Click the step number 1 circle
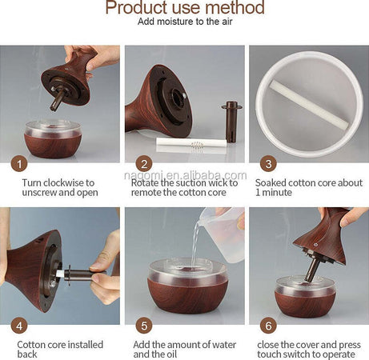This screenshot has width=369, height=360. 19,164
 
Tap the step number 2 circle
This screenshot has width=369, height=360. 144,164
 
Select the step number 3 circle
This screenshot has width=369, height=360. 268,164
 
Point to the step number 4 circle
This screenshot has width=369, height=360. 19,326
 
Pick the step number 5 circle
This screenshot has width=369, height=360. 144,326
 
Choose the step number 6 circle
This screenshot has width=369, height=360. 268,326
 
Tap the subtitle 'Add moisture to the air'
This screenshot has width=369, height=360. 185,22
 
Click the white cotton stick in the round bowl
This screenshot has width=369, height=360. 309,105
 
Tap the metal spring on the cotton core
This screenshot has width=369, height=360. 197,145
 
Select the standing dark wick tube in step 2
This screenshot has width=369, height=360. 231,122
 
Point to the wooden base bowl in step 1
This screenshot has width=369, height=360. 53,139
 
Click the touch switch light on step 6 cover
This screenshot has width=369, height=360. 316,244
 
